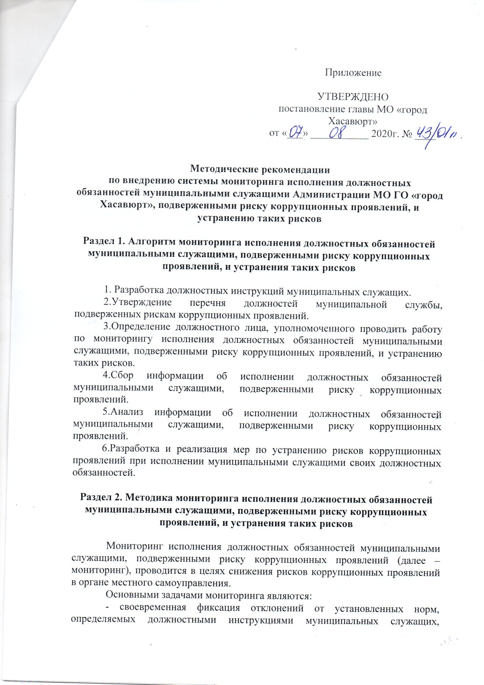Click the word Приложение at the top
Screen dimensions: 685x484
[x=353, y=72]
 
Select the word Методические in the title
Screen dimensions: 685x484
[x=222, y=170]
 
